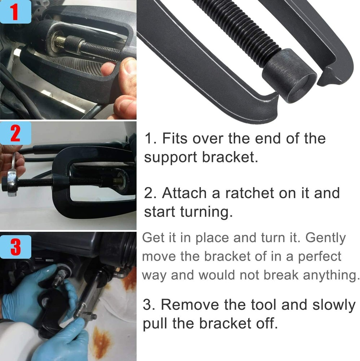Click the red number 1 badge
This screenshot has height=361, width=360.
14,12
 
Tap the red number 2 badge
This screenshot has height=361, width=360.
15,134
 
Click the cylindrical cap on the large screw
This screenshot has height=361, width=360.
289,76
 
